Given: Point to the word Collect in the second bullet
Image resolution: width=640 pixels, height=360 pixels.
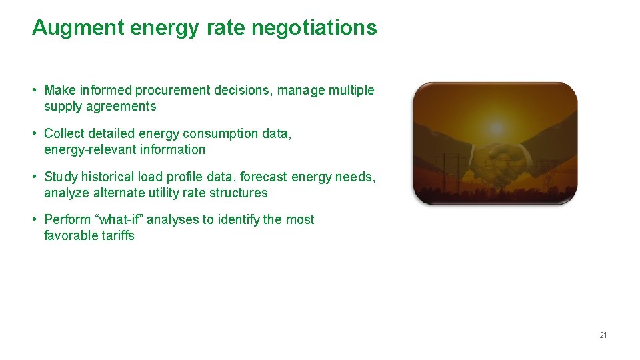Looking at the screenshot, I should point(65,133).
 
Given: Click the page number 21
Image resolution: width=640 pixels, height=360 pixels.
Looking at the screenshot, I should point(603,335).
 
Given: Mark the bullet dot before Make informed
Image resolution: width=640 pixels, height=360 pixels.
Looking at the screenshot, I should point(34,90).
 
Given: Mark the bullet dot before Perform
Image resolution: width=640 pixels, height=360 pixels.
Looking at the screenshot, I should point(34,219).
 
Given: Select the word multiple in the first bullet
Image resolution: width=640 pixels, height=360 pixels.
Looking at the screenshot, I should point(352,90).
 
